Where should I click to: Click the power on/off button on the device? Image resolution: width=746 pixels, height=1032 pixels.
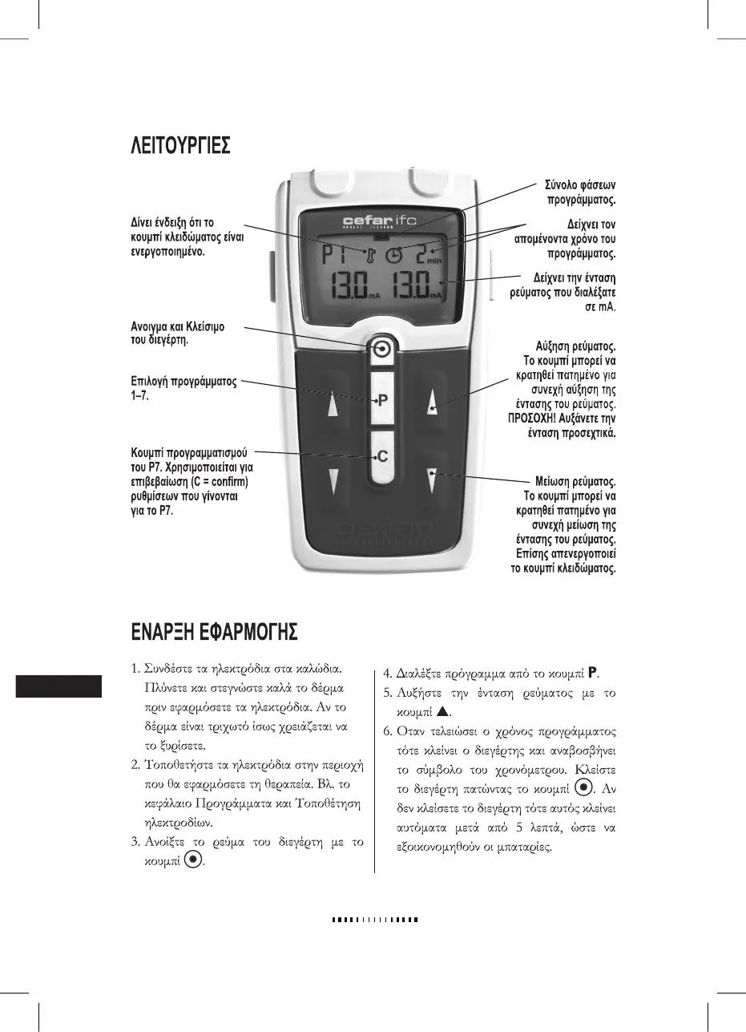click(x=382, y=349)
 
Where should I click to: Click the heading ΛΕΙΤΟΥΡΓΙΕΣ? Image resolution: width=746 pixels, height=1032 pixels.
click(x=182, y=147)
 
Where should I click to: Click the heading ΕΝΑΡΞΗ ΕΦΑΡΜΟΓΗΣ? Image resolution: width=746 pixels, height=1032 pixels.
click(x=215, y=633)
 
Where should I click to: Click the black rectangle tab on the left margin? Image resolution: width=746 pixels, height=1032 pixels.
click(x=58, y=686)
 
